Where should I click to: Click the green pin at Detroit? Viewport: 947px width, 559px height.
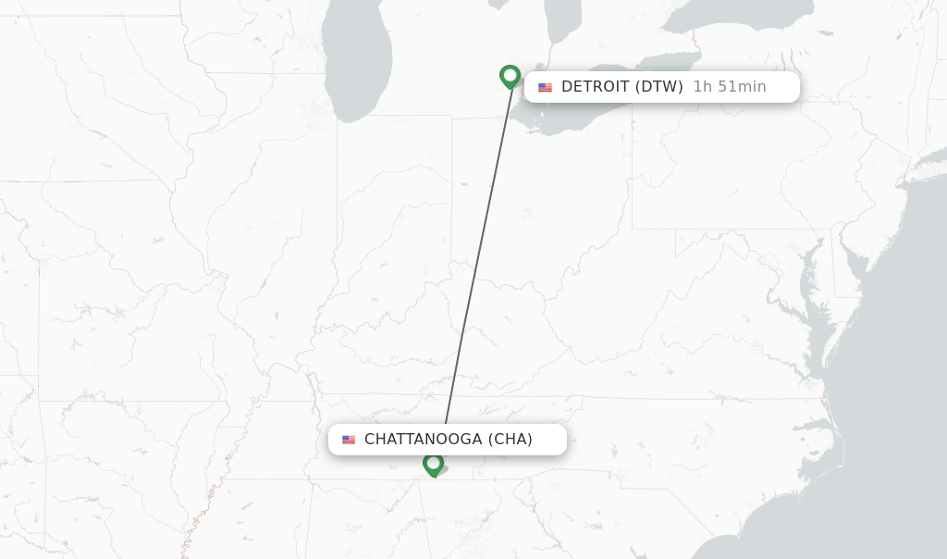click(510, 76)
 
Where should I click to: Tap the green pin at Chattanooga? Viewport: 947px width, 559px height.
click(433, 463)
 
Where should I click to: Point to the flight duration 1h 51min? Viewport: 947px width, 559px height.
click(730, 87)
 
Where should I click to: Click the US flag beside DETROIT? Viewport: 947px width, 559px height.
click(545, 87)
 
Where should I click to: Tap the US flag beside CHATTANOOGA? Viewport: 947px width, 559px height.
click(349, 440)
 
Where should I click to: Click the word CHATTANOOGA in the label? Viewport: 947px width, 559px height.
click(423, 440)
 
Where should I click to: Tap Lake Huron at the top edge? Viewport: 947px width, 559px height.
click(562, 19)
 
